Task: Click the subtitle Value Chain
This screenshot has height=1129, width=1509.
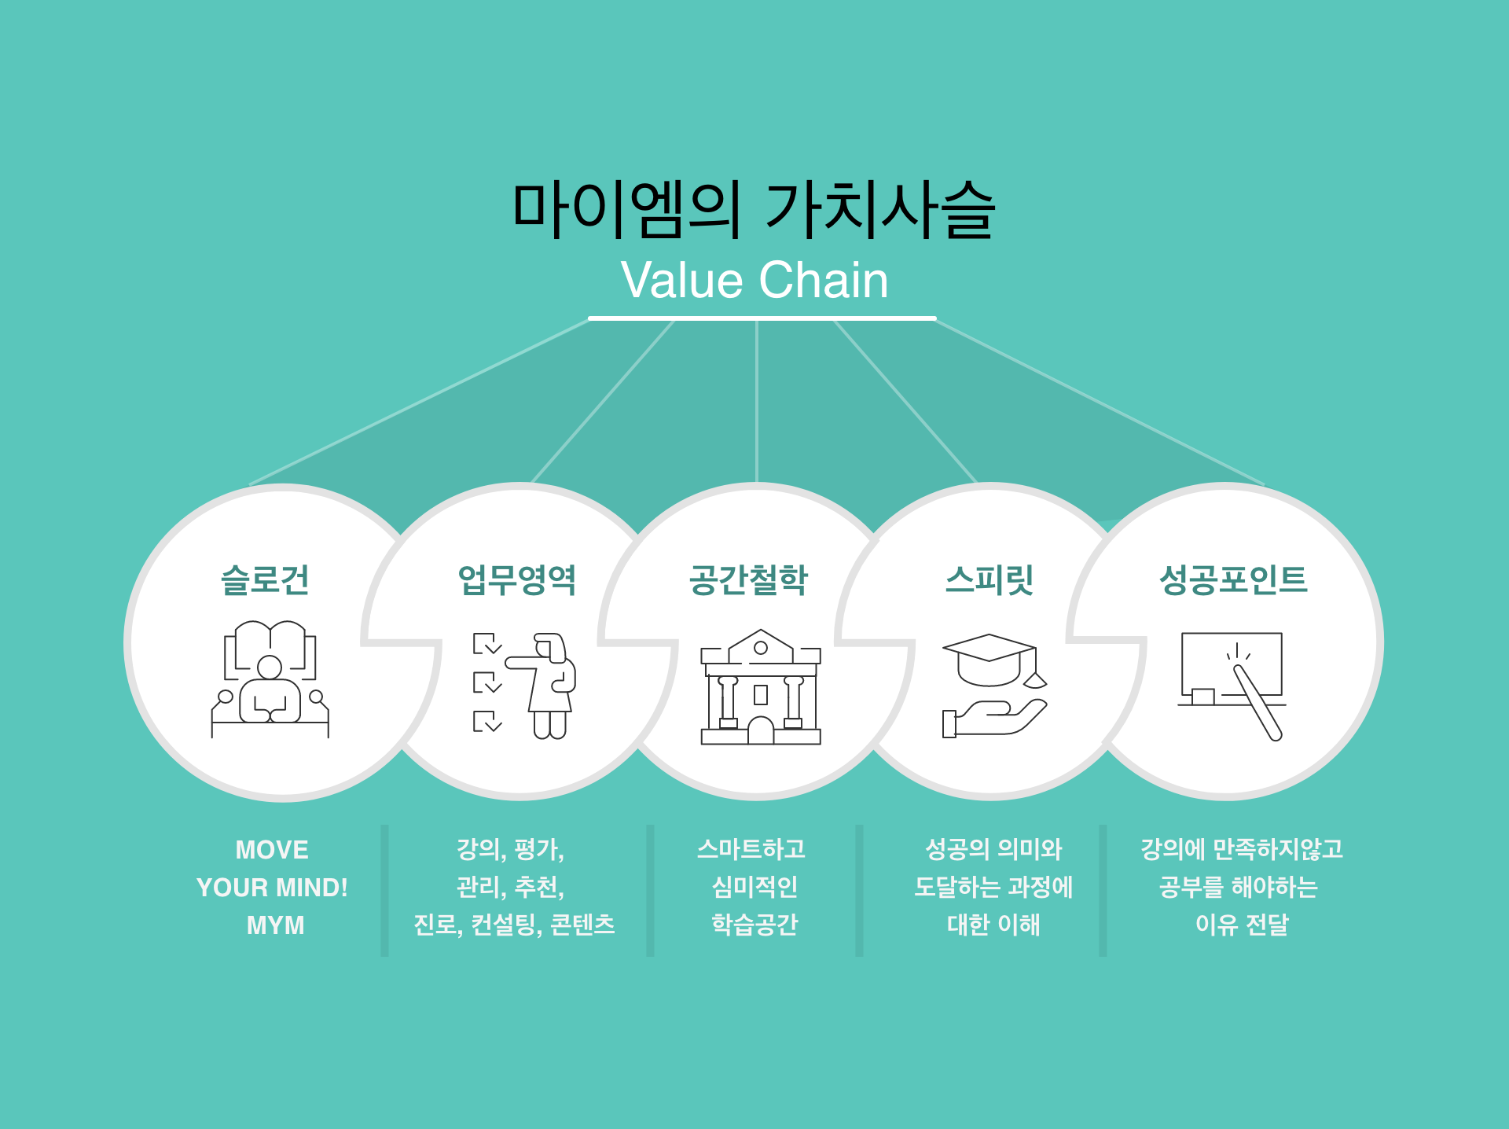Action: pos(754,280)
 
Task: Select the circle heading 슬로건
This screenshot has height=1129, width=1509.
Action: pos(265,580)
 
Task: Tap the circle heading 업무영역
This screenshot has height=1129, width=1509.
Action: pos(517,580)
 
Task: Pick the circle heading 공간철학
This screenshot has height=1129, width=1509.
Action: pos(748,580)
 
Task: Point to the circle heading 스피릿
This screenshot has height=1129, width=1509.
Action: pos(989,580)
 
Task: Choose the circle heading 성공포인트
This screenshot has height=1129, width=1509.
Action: pos(1233,579)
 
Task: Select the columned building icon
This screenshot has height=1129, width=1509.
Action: pos(761,687)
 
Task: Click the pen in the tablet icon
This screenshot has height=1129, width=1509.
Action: pos(1257,703)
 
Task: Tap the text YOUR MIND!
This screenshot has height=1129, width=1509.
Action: pos(272,888)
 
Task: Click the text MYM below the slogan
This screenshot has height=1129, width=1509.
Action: pos(275,925)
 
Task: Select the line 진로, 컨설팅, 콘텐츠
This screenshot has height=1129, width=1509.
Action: pos(514,925)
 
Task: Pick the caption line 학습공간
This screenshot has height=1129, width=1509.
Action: pos(754,925)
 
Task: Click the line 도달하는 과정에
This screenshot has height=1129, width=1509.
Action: pos(993,887)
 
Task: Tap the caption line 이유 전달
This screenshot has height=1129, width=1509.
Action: pos(1242,925)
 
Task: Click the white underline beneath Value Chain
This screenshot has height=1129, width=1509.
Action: pos(762,318)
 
